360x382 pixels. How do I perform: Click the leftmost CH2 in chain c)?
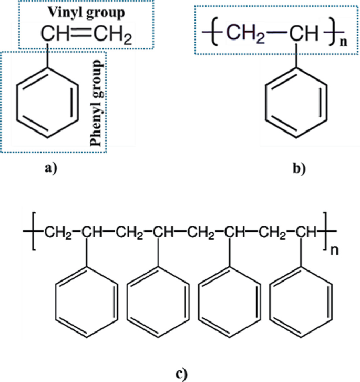pyautogui.click(x=57, y=232)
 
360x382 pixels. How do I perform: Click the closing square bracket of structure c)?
pyautogui.click(x=326, y=232)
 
